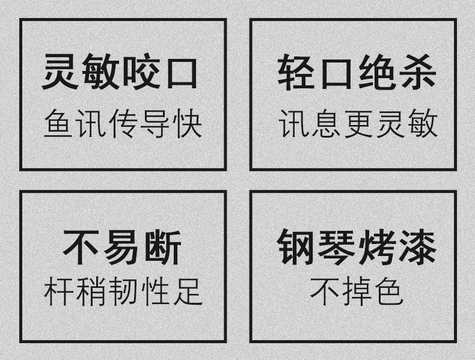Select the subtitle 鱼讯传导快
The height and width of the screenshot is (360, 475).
pos(123,124)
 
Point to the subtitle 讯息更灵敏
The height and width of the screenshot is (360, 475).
pos(358,124)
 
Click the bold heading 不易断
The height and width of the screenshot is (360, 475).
pos(123,249)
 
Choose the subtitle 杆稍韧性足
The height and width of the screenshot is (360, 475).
pos(123,292)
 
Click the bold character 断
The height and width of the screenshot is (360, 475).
pos(163,249)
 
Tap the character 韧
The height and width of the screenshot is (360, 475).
pos(123,292)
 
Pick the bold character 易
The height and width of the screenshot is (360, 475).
pos(123,249)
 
